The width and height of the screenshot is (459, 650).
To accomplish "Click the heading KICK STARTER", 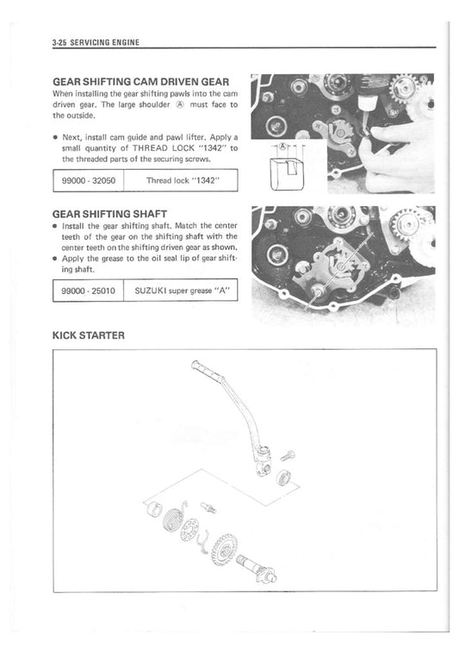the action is click(88, 335).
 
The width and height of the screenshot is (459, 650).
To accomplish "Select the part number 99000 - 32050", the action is click(89, 180).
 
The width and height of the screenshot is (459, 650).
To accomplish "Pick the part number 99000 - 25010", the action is click(88, 291).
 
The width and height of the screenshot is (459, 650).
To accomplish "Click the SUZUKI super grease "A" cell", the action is click(182, 291).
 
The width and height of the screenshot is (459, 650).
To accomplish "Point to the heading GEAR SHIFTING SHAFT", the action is click(109, 214).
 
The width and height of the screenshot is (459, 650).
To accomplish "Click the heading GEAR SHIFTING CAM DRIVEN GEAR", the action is click(141, 82).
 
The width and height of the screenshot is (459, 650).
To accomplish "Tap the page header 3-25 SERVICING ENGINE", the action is click(96, 42).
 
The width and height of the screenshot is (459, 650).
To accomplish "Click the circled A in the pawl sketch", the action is click(282, 147).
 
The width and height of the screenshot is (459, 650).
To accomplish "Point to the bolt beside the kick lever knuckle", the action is click(288, 455).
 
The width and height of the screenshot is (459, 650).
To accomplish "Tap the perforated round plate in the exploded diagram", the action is click(189, 529).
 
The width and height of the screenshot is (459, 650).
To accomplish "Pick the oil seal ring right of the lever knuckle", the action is click(284, 477).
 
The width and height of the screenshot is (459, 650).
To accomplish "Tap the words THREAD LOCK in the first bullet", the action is click(164, 148).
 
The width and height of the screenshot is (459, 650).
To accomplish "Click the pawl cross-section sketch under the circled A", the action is click(286, 173).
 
